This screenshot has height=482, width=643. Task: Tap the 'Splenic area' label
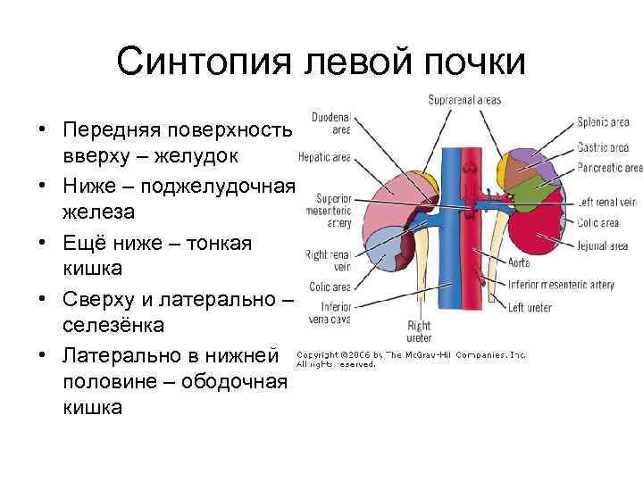click(x=603, y=122)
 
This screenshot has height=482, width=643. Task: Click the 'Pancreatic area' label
click(x=609, y=168)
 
